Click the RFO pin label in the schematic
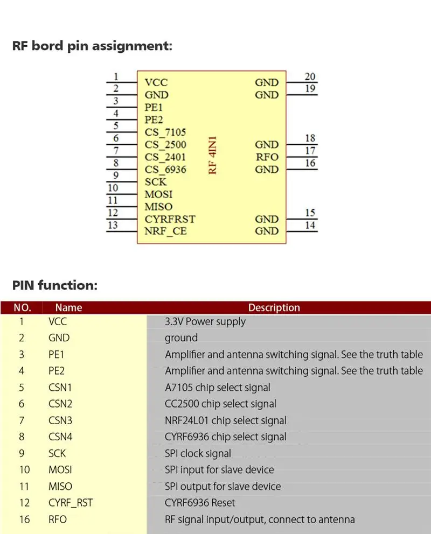(267, 157)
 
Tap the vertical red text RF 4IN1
(213, 157)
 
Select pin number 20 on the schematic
(310, 76)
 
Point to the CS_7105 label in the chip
(165, 132)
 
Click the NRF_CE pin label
(166, 231)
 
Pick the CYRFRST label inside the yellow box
(170, 219)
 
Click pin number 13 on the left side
(113, 225)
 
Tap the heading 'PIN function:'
(54, 285)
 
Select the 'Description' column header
(274, 307)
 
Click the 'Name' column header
(68, 307)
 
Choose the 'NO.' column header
(22, 307)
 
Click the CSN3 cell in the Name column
(60, 420)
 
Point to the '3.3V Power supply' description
(205, 321)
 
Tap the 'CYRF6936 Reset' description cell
(200, 503)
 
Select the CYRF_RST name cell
(70, 503)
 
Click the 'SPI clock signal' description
(198, 453)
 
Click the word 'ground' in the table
(181, 338)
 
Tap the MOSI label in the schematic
(158, 194)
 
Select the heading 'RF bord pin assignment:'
(92, 46)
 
